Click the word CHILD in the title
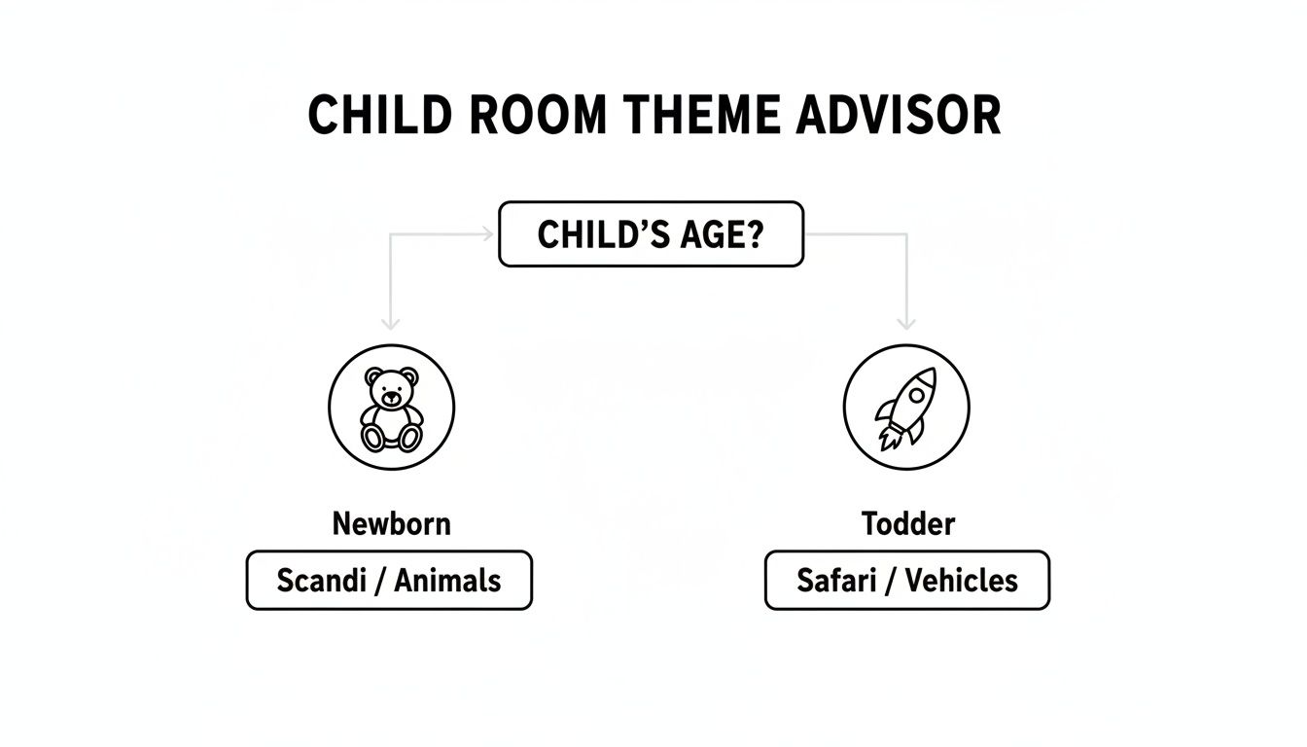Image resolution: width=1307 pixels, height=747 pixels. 380,116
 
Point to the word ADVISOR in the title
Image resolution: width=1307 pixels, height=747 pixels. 899,116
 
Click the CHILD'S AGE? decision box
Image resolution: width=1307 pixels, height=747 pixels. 651,234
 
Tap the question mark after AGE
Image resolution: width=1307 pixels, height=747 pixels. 755,234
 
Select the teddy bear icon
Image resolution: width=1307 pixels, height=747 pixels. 392,408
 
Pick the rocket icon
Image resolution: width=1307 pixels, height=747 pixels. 905,408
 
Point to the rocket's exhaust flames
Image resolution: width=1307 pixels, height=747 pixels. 888,435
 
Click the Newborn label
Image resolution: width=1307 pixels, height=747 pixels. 392,524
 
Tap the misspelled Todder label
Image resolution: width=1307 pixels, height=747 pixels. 908,524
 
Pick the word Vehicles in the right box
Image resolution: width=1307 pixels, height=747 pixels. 962,581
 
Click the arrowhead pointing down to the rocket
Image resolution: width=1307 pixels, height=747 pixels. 906,323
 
